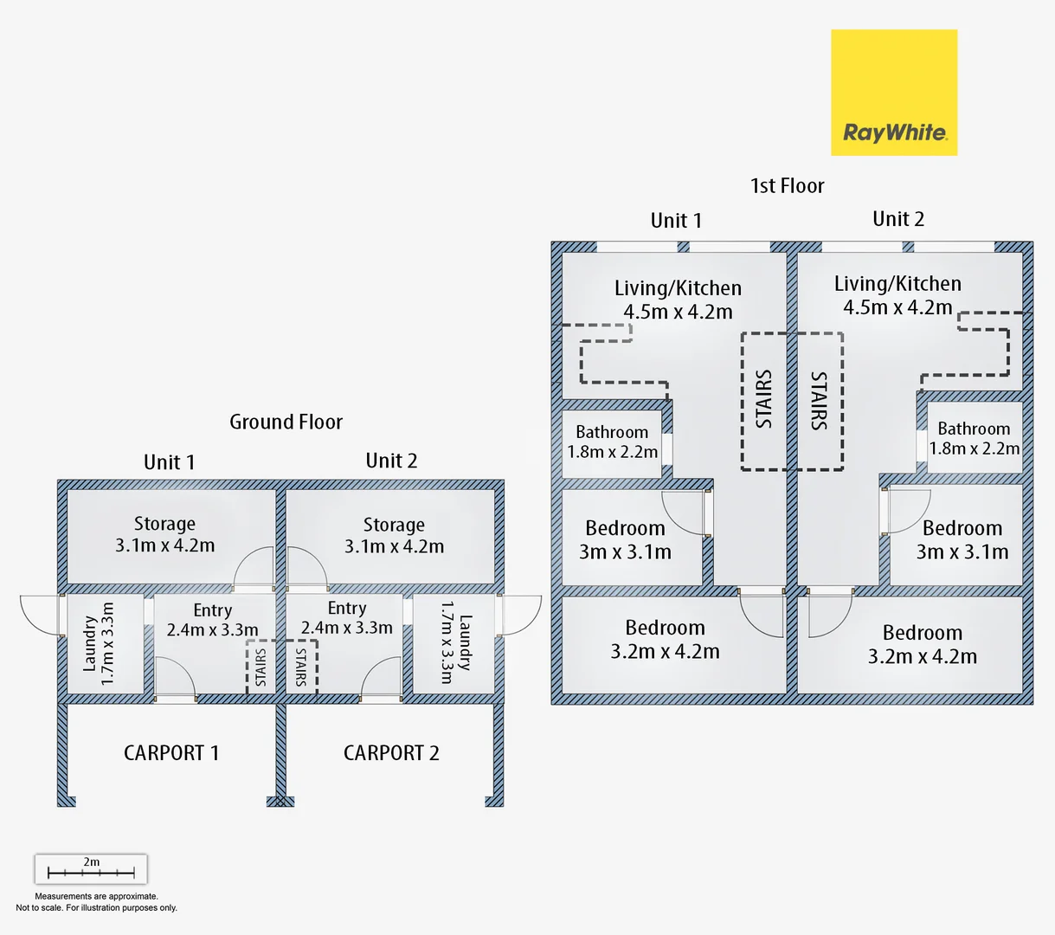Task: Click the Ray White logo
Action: [x=894, y=93]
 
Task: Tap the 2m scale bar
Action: [x=91, y=868]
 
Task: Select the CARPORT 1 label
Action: [x=171, y=753]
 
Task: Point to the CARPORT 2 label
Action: [x=391, y=753]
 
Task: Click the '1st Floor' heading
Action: [x=787, y=185]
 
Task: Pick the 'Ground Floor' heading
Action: [x=286, y=422]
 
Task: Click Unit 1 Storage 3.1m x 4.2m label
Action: [x=164, y=535]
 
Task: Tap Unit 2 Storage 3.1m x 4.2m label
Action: [x=394, y=536]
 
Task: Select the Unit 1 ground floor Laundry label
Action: [x=99, y=644]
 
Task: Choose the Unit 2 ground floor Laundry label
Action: [x=455, y=642]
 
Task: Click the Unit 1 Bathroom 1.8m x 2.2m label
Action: [x=612, y=442]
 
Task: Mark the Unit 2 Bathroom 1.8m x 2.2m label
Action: [x=974, y=438]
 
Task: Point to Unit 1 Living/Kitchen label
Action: [x=678, y=300]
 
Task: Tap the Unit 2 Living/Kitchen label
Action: [x=897, y=295]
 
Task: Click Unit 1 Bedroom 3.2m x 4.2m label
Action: [x=665, y=640]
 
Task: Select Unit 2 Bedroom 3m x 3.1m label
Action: [x=962, y=540]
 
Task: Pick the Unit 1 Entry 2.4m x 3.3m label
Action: [x=212, y=620]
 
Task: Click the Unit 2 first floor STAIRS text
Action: [x=819, y=401]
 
